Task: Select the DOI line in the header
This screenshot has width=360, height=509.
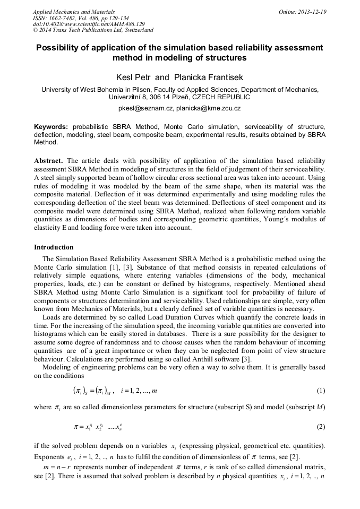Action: tap(89, 24)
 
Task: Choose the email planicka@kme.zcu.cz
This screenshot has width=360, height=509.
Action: tap(209, 108)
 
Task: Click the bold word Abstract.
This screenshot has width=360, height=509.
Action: tap(48, 160)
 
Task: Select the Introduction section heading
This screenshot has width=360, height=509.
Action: tap(54, 247)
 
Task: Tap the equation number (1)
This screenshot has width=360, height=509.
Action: tap(321, 391)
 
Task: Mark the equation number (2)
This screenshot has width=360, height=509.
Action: tap(321, 427)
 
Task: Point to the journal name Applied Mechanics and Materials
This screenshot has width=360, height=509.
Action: tap(74, 12)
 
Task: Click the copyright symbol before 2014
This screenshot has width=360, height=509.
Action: tap(36, 31)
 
